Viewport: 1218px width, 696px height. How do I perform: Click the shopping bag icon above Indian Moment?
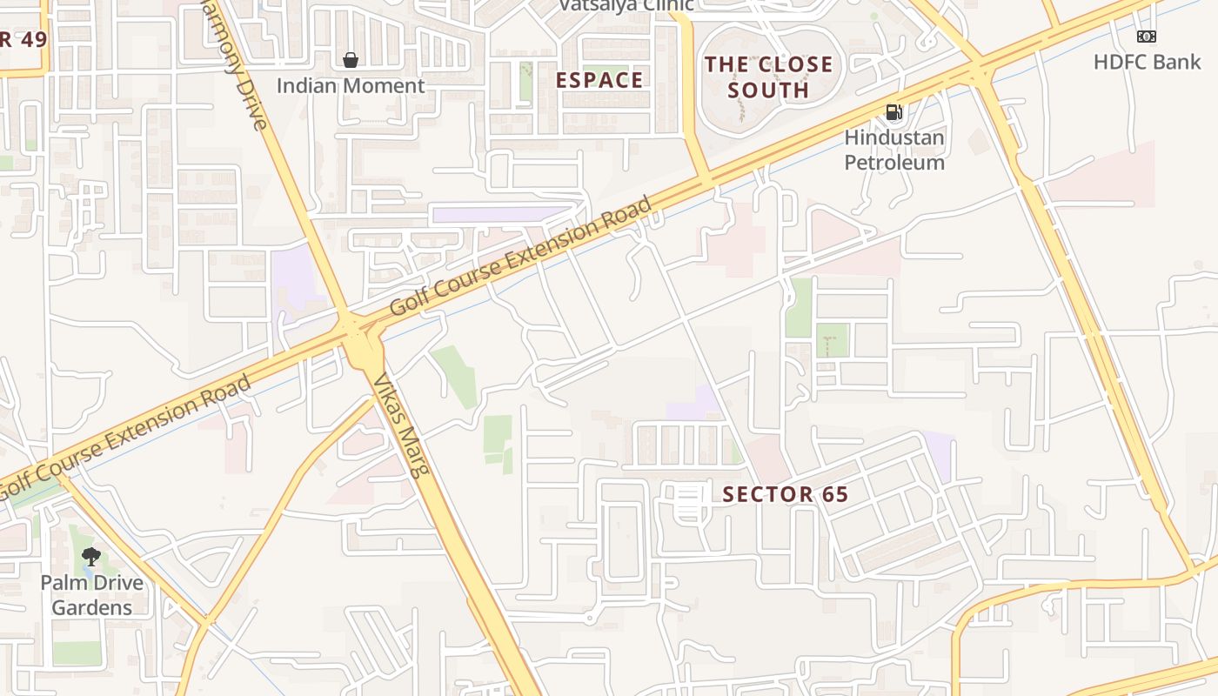pos(351,60)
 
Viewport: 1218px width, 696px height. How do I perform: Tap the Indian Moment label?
pos(351,85)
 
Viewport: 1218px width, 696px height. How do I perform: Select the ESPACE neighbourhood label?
pos(599,80)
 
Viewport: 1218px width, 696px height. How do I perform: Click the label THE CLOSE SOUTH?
pos(768,77)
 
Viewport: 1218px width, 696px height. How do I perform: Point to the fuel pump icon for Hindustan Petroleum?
pos(893,112)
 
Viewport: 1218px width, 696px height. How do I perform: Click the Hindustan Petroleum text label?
pos(894,150)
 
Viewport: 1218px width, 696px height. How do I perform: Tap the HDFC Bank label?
pos(1147,62)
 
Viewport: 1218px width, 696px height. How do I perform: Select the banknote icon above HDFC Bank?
pos(1147,37)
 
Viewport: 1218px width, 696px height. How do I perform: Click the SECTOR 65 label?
pos(785,494)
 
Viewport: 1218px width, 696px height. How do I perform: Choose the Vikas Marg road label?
pos(401,426)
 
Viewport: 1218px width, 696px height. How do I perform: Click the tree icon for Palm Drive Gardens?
pos(90,557)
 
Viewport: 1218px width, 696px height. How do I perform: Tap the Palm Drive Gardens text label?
pos(91,594)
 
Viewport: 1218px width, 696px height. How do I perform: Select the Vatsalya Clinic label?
pos(626,5)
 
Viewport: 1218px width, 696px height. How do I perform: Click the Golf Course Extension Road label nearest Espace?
pos(519,258)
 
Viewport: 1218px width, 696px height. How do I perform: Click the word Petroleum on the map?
pos(894,162)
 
